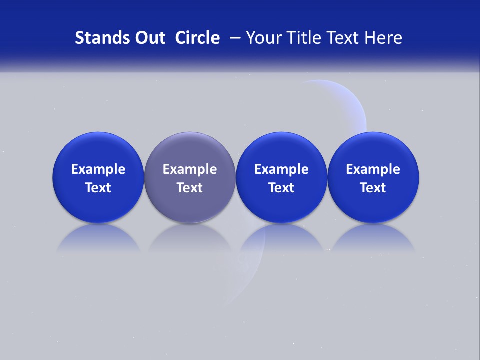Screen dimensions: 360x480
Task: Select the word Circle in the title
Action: [x=198, y=38]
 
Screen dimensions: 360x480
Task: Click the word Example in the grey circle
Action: [x=190, y=169]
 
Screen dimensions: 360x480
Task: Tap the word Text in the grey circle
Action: [x=190, y=188]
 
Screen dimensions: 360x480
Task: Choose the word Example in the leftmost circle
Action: [x=98, y=169]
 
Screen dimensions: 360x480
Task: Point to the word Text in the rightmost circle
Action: [x=373, y=188]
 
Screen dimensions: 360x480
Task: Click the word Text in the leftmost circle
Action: [x=98, y=188]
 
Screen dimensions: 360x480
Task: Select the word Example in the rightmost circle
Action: [x=373, y=169]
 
